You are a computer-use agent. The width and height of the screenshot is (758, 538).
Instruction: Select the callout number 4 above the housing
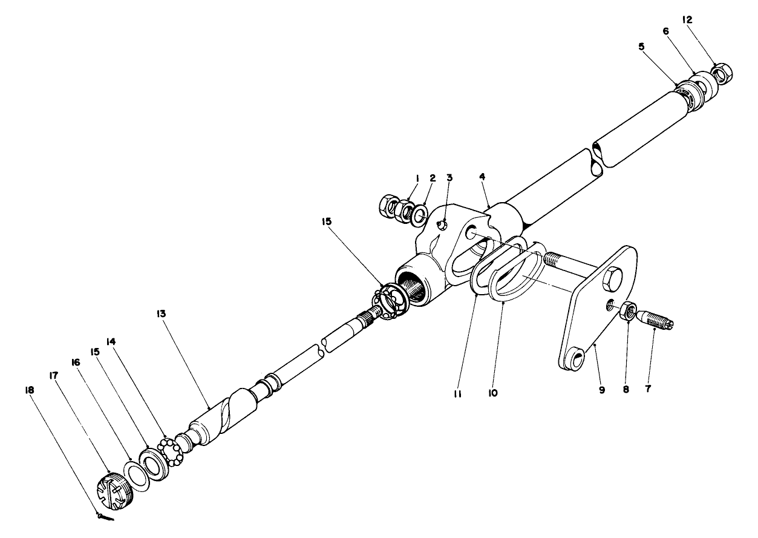(482, 177)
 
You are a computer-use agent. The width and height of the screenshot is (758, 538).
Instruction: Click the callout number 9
(602, 390)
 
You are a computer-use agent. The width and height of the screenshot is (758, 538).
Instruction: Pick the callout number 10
(493, 393)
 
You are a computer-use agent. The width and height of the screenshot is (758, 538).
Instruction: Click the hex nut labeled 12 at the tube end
(722, 74)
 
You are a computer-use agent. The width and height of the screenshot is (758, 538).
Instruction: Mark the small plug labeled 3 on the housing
(442, 225)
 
